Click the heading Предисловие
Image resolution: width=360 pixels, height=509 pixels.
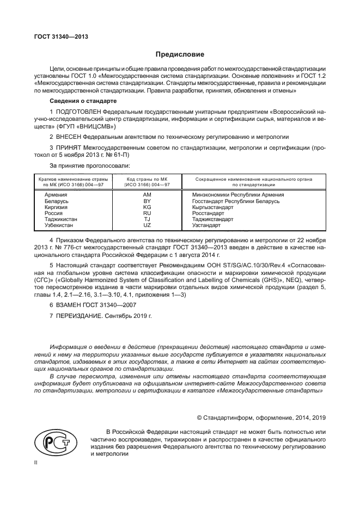[180, 54]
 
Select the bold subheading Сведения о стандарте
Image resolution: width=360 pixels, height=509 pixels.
[82, 101]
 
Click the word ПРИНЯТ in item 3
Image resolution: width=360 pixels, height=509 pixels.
[70, 148]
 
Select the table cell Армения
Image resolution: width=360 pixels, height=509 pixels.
[56, 195]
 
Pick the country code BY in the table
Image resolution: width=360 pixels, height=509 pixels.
[147, 201]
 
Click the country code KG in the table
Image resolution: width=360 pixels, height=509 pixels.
[147, 207]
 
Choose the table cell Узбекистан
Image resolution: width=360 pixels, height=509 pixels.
[59, 225]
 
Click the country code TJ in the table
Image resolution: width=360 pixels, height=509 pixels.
[147, 219]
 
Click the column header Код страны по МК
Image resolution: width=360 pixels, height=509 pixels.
[147, 179]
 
